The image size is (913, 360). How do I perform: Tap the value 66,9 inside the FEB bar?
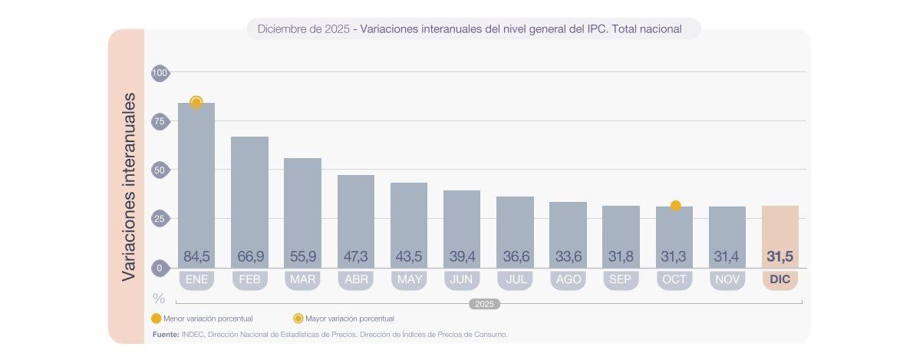[249, 256]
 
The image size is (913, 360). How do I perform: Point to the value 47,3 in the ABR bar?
[356, 256]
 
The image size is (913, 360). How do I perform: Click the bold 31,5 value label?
[780, 256]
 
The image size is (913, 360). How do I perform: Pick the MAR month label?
[302, 280]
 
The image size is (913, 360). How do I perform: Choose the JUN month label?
[462, 280]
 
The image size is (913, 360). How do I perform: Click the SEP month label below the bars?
[621, 280]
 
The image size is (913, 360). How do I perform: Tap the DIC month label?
[780, 280]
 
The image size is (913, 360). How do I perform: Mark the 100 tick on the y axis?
[160, 73]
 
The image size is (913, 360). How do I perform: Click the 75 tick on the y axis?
[160, 121]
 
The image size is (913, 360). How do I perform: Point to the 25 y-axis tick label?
[160, 220]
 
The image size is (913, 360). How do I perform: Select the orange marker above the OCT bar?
[675, 206]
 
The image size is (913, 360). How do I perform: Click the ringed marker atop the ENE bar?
[196, 102]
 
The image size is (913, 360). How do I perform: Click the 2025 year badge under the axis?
[484, 304]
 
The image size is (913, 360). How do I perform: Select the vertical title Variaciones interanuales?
[130, 187]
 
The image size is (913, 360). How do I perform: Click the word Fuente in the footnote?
[166, 335]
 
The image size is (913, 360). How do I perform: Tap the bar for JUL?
[515, 230]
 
